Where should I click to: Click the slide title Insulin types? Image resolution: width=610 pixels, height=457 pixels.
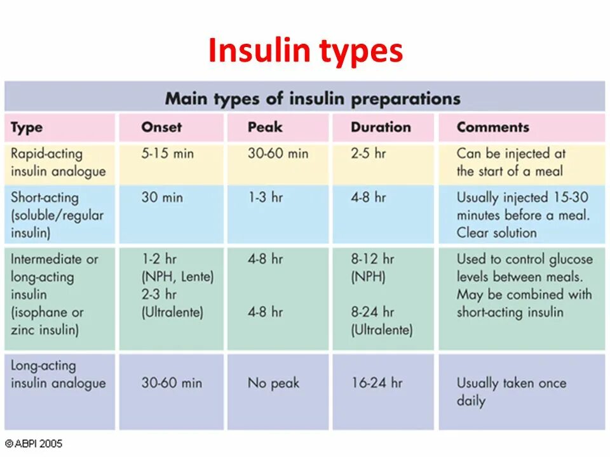(x=305, y=51)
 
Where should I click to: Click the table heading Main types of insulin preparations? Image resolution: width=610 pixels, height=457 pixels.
(x=313, y=98)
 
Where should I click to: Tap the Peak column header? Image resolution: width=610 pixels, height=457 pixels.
(x=265, y=127)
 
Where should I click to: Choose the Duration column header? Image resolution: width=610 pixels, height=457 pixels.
(x=381, y=127)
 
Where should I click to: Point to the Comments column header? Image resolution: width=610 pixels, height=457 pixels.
(x=492, y=127)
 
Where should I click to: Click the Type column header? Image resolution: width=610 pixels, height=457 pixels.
(x=26, y=128)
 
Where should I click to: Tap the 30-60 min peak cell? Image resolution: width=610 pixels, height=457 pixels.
(x=278, y=154)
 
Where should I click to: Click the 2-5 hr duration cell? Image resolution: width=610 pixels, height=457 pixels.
(x=368, y=154)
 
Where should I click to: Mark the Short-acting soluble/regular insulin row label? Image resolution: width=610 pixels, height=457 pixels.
(x=57, y=215)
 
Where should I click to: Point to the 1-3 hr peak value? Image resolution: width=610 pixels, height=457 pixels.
(x=265, y=197)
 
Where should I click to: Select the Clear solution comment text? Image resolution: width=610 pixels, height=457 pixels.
(x=496, y=232)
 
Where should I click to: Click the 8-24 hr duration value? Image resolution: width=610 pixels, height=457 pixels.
(x=372, y=312)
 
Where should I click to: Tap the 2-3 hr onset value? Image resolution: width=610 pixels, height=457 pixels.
(x=159, y=295)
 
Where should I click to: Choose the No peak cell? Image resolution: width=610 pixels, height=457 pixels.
(x=273, y=383)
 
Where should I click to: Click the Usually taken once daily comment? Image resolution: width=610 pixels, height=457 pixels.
(x=511, y=392)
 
